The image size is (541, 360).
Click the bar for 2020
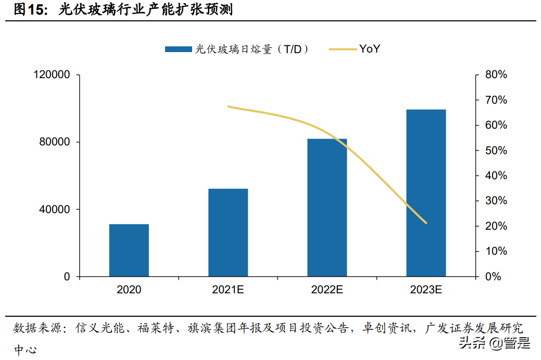point(129,250)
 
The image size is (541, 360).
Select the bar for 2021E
point(228,232)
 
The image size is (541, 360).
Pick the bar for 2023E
point(426,193)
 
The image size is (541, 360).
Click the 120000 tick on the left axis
point(52,75)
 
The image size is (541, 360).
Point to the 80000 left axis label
point(55,142)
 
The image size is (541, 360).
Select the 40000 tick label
point(55,209)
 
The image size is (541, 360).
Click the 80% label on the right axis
point(495,75)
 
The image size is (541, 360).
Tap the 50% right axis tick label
point(495,151)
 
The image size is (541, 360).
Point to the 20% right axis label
point(495,226)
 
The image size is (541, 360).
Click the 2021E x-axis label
point(228,290)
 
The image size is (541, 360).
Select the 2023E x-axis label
point(426,290)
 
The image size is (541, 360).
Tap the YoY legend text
point(369,49)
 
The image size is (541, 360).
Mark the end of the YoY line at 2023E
point(426,223)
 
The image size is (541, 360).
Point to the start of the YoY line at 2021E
point(228,106)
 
